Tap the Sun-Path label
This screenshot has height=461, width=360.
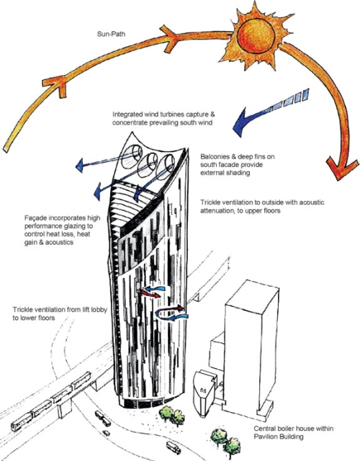pyautogui.click(x=111, y=34)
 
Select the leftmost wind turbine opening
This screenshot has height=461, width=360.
pyautogui.click(x=131, y=157)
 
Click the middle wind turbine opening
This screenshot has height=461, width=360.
pyautogui.click(x=148, y=165)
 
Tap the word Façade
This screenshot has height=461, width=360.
pyautogui.click(x=35, y=218)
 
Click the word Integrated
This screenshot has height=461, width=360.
pyautogui.click(x=127, y=115)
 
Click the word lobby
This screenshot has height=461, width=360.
pyautogui.click(x=98, y=310)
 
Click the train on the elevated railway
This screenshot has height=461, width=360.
pyautogui.click(x=50, y=402)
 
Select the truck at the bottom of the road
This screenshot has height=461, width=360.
pyautogui.click(x=173, y=447)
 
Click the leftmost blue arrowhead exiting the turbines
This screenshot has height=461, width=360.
pyautogui.click(x=79, y=166)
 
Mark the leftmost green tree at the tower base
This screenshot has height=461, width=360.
pyautogui.click(x=166, y=413)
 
